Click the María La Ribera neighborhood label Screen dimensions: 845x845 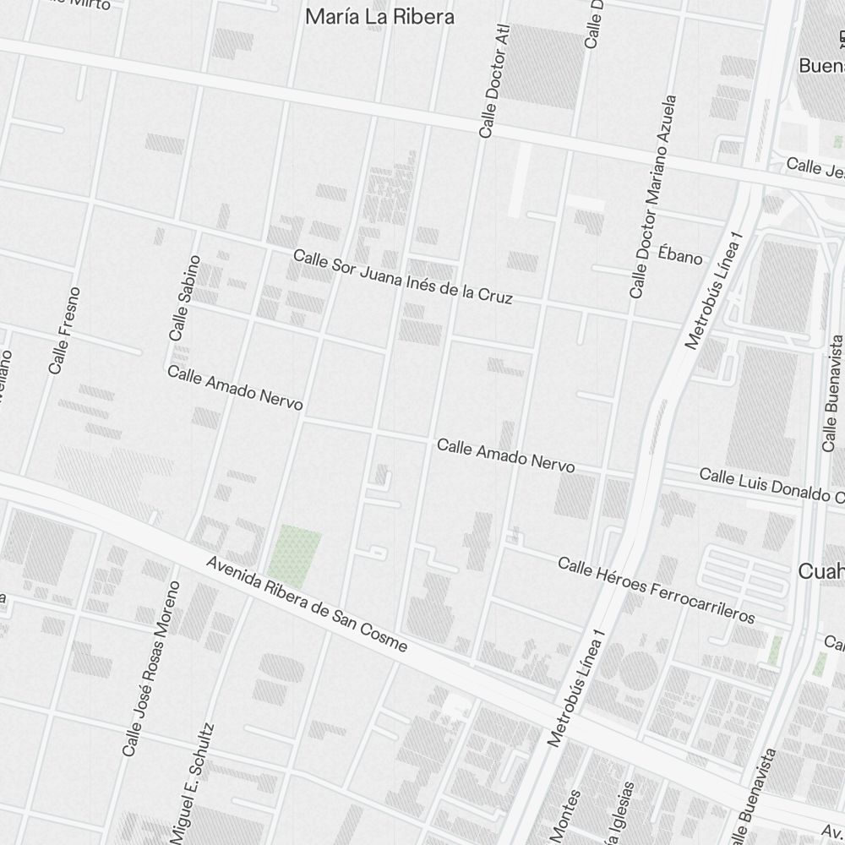[379, 17]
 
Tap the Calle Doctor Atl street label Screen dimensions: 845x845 [495, 81]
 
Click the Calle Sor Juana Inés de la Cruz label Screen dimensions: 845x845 [402, 276]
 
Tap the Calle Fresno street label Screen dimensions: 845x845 [64, 331]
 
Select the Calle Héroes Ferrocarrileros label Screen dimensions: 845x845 [656, 590]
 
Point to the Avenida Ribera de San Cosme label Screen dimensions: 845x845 [308, 605]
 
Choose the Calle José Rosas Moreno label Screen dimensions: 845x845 [151, 669]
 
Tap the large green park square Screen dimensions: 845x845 [295, 549]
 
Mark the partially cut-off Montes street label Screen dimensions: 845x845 [573, 816]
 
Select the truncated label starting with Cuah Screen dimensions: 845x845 [820, 572]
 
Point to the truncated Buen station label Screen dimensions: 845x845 [821, 65]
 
